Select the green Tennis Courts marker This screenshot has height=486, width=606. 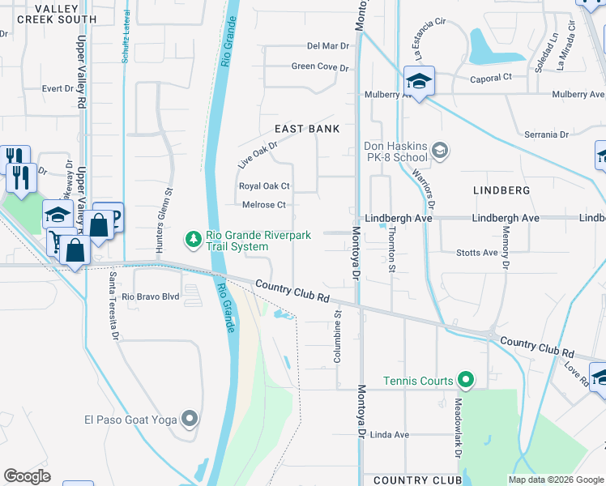(465, 380)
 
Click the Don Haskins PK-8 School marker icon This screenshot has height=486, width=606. (440, 150)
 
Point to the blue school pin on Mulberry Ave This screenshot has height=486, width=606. (419, 82)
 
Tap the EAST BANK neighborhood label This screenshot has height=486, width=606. (306, 129)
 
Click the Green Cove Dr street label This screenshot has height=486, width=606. (319, 67)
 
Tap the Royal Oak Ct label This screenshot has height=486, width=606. (263, 185)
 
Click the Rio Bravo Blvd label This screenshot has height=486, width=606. (150, 296)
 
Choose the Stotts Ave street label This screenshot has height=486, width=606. (477, 253)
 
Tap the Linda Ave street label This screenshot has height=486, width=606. (389, 435)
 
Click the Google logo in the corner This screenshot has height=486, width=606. (27, 476)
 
